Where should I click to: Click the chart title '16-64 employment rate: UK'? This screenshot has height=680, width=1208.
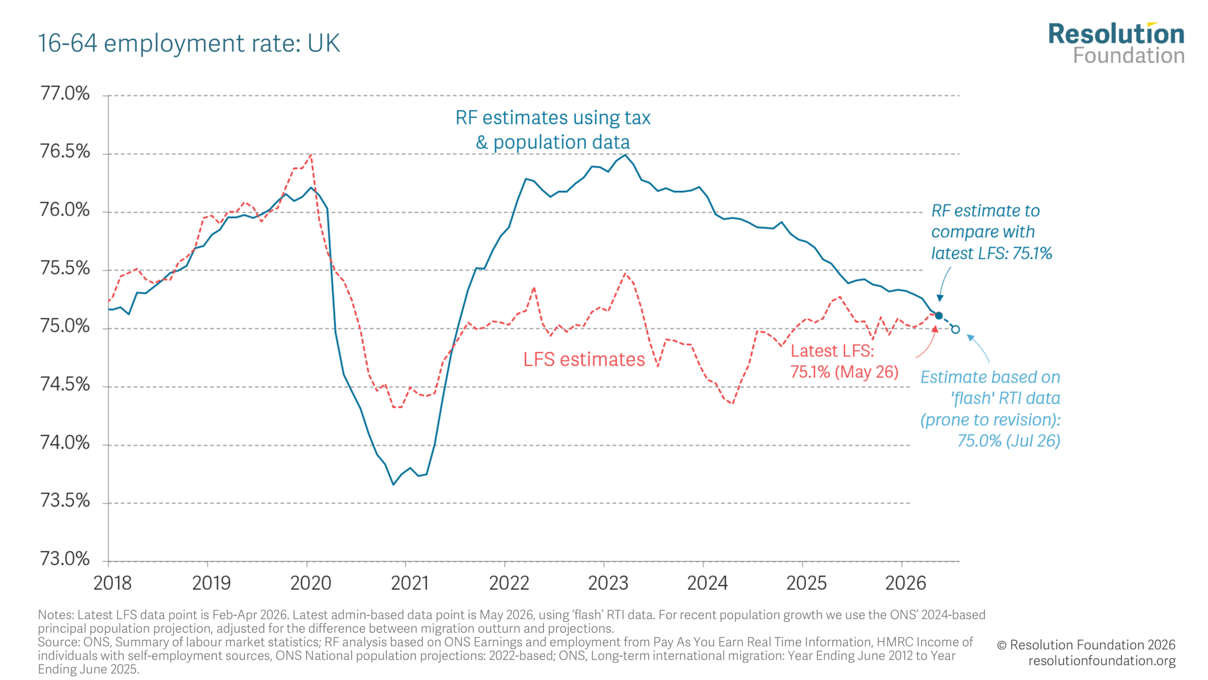coord(189,43)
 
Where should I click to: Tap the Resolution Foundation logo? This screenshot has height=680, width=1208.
coord(1116,43)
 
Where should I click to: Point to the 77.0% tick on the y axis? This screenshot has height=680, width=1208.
coord(65,93)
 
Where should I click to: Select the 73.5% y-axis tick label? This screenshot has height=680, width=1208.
coord(65,501)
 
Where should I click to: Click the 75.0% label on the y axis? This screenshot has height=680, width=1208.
coord(65,326)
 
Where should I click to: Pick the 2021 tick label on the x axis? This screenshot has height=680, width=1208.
coord(410,584)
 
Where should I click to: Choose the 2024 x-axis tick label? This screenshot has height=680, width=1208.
coord(707,584)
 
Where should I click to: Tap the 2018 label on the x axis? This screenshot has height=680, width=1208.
coord(112,584)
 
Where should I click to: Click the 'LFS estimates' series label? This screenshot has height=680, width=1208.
coord(584,360)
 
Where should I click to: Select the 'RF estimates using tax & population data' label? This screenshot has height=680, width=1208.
coord(553,130)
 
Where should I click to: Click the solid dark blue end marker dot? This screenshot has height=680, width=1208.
coord(939,316)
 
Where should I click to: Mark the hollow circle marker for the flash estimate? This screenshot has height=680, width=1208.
coord(955,330)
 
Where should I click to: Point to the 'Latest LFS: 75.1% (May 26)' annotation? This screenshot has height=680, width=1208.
coord(844,361)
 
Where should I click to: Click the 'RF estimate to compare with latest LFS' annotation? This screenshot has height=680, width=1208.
coord(991,232)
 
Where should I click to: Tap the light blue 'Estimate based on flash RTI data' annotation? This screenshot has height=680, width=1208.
coord(990,409)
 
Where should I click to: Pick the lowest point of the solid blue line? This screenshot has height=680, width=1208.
coord(393,484)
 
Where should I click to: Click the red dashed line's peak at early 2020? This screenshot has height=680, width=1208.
coord(310,154)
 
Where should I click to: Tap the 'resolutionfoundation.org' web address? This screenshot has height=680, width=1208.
coord(1102,661)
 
